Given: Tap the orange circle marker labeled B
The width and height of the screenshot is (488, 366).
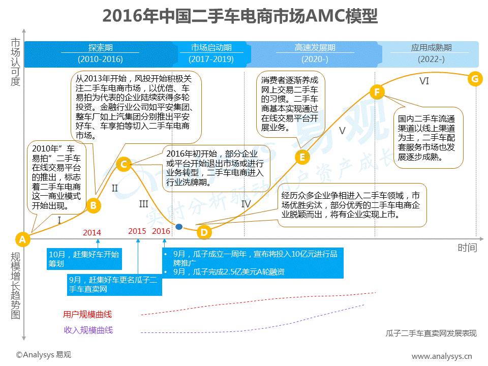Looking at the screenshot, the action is (93, 205).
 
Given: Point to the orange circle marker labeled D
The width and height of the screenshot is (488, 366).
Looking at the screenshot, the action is (203, 232).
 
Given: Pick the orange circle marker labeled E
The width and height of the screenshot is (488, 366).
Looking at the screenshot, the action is (302, 157).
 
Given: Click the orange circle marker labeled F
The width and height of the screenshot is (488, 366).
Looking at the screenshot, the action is (377, 92).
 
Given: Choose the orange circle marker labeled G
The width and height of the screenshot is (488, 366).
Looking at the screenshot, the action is (475, 78).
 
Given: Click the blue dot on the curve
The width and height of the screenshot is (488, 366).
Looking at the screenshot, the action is (179, 227).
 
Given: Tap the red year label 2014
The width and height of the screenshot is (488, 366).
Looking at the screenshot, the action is (92, 233).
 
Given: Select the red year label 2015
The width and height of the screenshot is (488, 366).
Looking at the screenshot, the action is (137, 231).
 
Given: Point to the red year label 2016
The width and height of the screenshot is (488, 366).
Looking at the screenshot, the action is (161, 231).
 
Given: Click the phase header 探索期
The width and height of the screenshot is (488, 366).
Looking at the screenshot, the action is (100, 48).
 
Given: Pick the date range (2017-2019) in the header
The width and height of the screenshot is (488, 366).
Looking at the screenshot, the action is (211, 59).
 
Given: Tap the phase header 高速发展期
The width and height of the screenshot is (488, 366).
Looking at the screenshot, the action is (315, 48).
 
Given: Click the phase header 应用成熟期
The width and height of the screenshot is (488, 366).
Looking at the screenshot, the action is (431, 48).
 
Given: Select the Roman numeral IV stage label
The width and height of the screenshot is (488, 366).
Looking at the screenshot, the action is (246, 204).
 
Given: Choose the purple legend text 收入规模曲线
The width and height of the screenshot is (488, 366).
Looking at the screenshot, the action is (88, 330).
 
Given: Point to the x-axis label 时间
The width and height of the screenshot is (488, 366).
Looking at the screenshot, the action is (467, 248).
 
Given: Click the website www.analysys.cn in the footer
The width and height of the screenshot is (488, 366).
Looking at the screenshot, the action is (441, 356).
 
